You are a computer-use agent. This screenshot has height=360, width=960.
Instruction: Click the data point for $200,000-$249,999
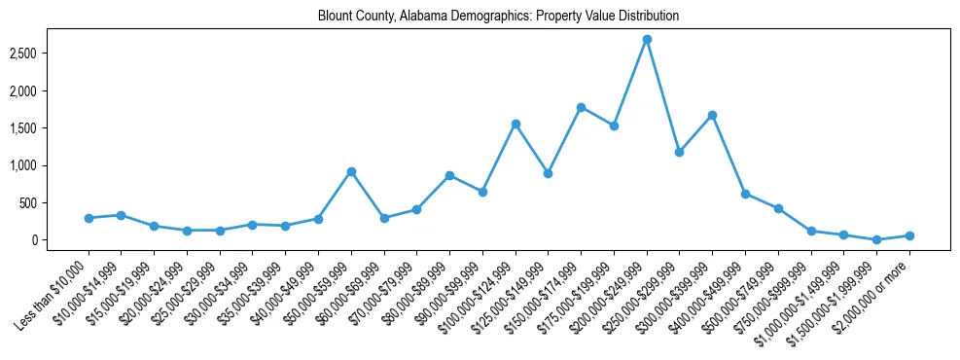pos(647,40)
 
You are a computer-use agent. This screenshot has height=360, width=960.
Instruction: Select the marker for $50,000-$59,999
pos(351,171)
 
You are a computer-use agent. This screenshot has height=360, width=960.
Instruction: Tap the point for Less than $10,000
pos(89,218)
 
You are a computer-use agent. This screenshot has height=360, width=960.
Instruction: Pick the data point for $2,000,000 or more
pos(909,235)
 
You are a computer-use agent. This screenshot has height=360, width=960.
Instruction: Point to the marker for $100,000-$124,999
pos(516,124)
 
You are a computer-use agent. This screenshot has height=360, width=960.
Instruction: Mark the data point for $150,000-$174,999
pos(581,107)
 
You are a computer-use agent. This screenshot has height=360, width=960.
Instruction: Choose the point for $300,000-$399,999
pos(712,115)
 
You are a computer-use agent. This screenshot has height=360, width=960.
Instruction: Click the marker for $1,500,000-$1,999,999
pos(876,239)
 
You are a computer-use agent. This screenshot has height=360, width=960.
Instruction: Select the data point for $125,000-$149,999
pos(549,173)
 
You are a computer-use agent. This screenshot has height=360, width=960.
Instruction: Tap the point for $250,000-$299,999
pos(680,152)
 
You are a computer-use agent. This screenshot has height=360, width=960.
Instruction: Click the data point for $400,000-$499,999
pos(745,194)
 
